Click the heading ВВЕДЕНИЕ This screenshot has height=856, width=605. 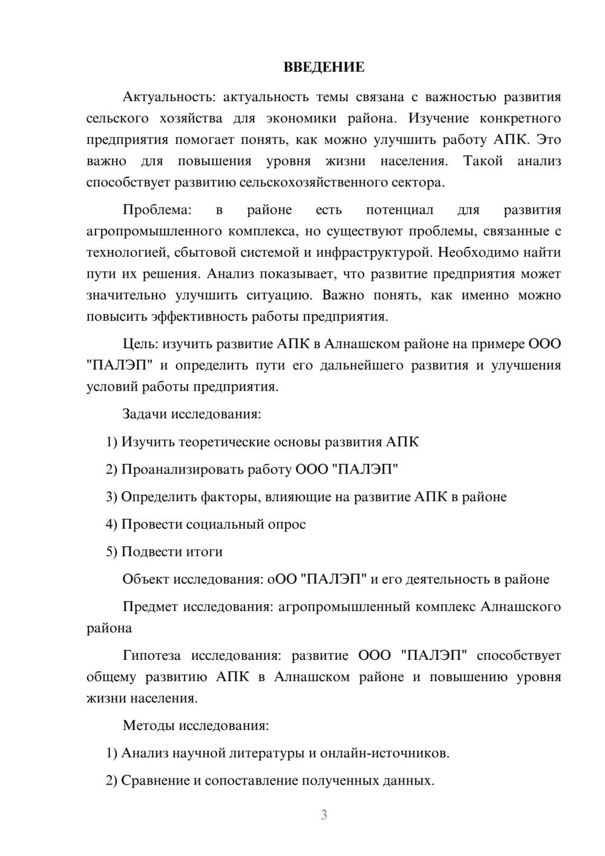324,67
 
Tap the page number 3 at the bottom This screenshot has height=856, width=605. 324,815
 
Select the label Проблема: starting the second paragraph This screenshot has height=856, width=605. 157,210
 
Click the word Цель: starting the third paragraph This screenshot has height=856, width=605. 140,344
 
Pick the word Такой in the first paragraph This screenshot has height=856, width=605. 483,161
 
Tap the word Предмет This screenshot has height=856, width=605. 150,607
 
